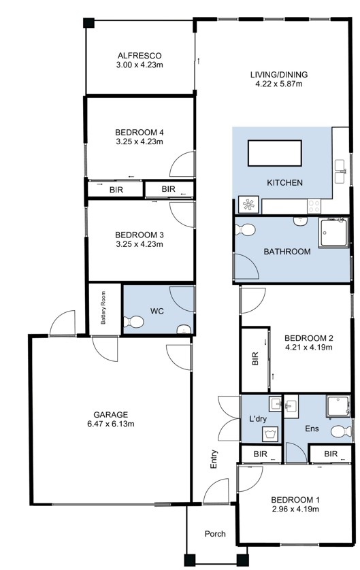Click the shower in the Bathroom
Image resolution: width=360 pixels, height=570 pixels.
tap(333, 233)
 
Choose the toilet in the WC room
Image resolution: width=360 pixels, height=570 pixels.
tap(131, 321)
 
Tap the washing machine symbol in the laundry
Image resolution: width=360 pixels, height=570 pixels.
tap(271, 433)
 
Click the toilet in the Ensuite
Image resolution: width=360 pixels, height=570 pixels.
tap(341, 431)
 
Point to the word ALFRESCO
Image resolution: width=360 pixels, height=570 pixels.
tap(140, 56)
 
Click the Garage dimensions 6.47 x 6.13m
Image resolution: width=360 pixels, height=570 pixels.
tap(111, 424)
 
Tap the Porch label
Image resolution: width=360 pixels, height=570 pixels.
tap(215, 534)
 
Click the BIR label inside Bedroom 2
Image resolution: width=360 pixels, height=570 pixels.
tap(256, 359)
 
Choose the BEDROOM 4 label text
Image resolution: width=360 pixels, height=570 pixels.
tap(140, 132)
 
